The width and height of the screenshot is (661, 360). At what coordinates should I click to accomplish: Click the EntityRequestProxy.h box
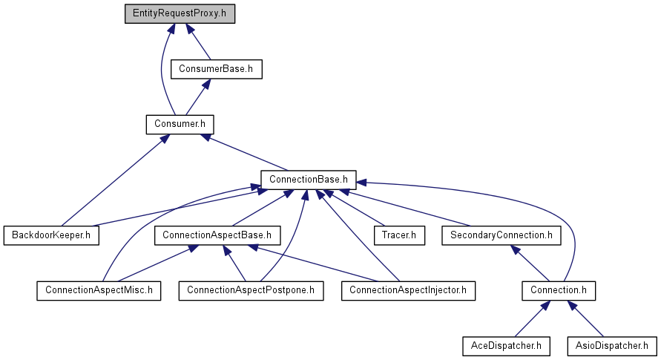180,14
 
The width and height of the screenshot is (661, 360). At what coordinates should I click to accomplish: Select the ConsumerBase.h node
217,69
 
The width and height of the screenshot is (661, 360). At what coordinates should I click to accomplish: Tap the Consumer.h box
180,125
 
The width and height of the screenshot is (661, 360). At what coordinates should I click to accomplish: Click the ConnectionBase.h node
308,180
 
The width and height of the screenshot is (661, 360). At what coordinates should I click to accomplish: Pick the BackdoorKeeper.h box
51,235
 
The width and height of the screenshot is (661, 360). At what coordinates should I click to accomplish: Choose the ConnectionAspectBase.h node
217,235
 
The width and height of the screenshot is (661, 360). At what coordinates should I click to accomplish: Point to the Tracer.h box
399,235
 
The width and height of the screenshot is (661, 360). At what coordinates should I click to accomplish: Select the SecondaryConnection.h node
501,235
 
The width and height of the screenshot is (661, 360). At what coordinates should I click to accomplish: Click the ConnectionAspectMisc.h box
99,291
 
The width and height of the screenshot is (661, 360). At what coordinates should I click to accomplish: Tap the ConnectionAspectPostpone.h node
251,291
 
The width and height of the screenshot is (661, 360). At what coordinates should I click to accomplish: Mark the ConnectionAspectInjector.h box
408,291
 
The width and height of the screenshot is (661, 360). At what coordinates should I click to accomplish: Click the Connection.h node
559,291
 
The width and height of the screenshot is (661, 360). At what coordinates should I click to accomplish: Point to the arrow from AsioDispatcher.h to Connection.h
585,318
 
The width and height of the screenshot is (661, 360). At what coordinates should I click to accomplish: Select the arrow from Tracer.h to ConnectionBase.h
354,208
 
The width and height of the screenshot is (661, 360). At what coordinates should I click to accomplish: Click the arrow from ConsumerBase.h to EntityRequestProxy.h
198,42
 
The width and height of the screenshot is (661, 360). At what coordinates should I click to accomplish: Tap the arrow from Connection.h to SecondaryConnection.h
530,264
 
